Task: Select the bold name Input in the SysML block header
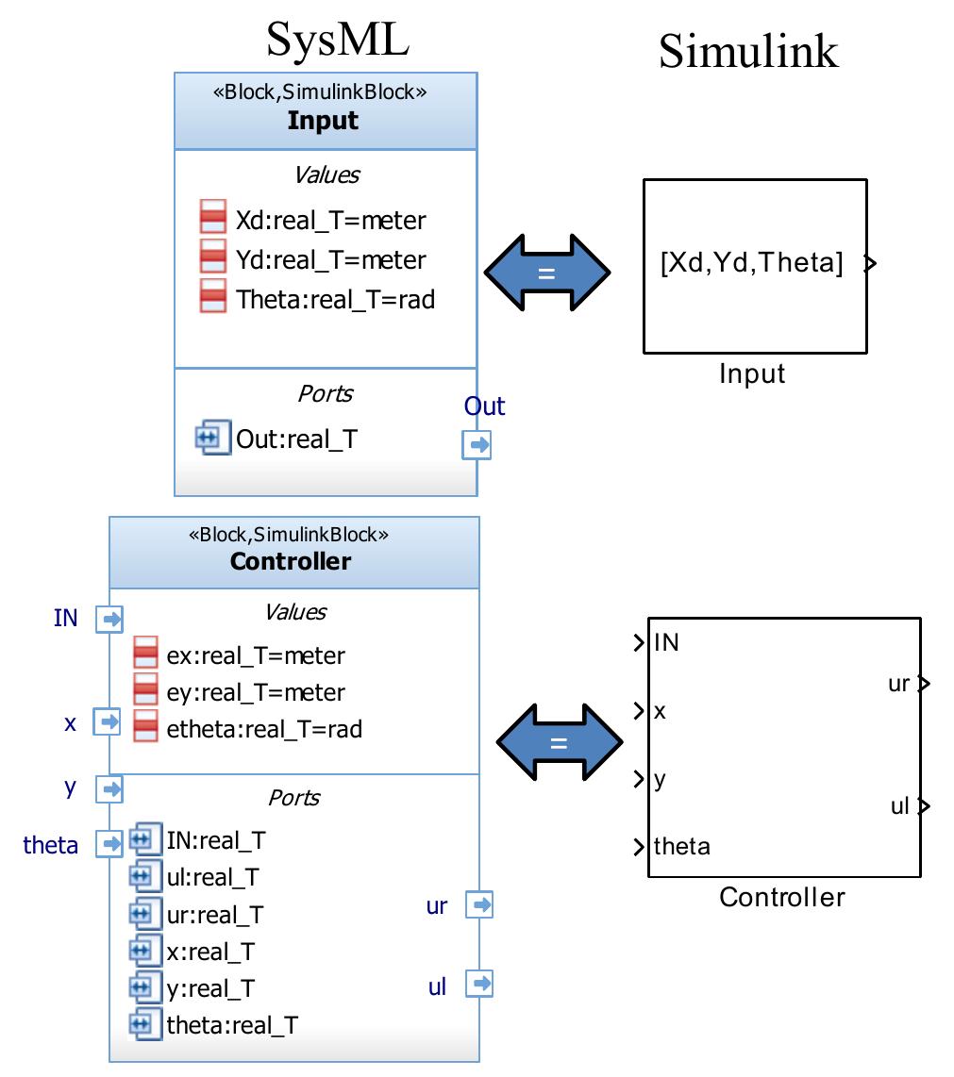pos(323,121)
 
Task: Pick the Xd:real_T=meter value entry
pos(330,221)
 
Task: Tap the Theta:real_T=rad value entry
pos(336,299)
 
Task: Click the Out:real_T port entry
pos(296,439)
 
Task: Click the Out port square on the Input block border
pos(477,444)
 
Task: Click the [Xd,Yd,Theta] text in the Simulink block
pos(752,262)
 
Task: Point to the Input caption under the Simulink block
pos(752,374)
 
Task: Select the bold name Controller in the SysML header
pos(291,561)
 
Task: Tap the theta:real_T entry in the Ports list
pos(232,1024)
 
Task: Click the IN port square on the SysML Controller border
pos(109,620)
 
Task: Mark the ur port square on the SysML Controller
pos(479,905)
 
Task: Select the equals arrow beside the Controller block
pos(559,742)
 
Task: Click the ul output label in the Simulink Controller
pos(900,806)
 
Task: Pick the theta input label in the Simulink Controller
pos(682,846)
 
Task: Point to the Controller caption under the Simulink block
pos(782,897)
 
